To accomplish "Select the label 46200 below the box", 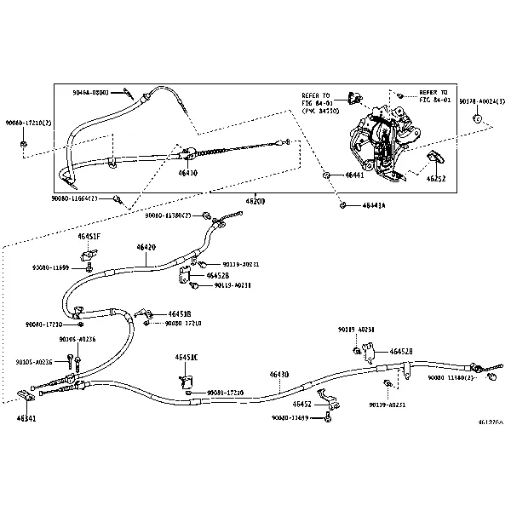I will pyautogui.click(x=255, y=201).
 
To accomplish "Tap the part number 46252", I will pyautogui.click(x=437, y=180).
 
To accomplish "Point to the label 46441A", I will pyautogui.click(x=373, y=205).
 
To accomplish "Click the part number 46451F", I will pyautogui.click(x=89, y=235).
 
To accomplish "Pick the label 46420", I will pyautogui.click(x=146, y=248).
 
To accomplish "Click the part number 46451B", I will pyautogui.click(x=180, y=313).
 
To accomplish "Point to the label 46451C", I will pyautogui.click(x=187, y=357).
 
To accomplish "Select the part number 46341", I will pyautogui.click(x=26, y=418).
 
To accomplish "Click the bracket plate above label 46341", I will pyautogui.click(x=26, y=395).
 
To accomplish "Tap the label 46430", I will pyautogui.click(x=279, y=375).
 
